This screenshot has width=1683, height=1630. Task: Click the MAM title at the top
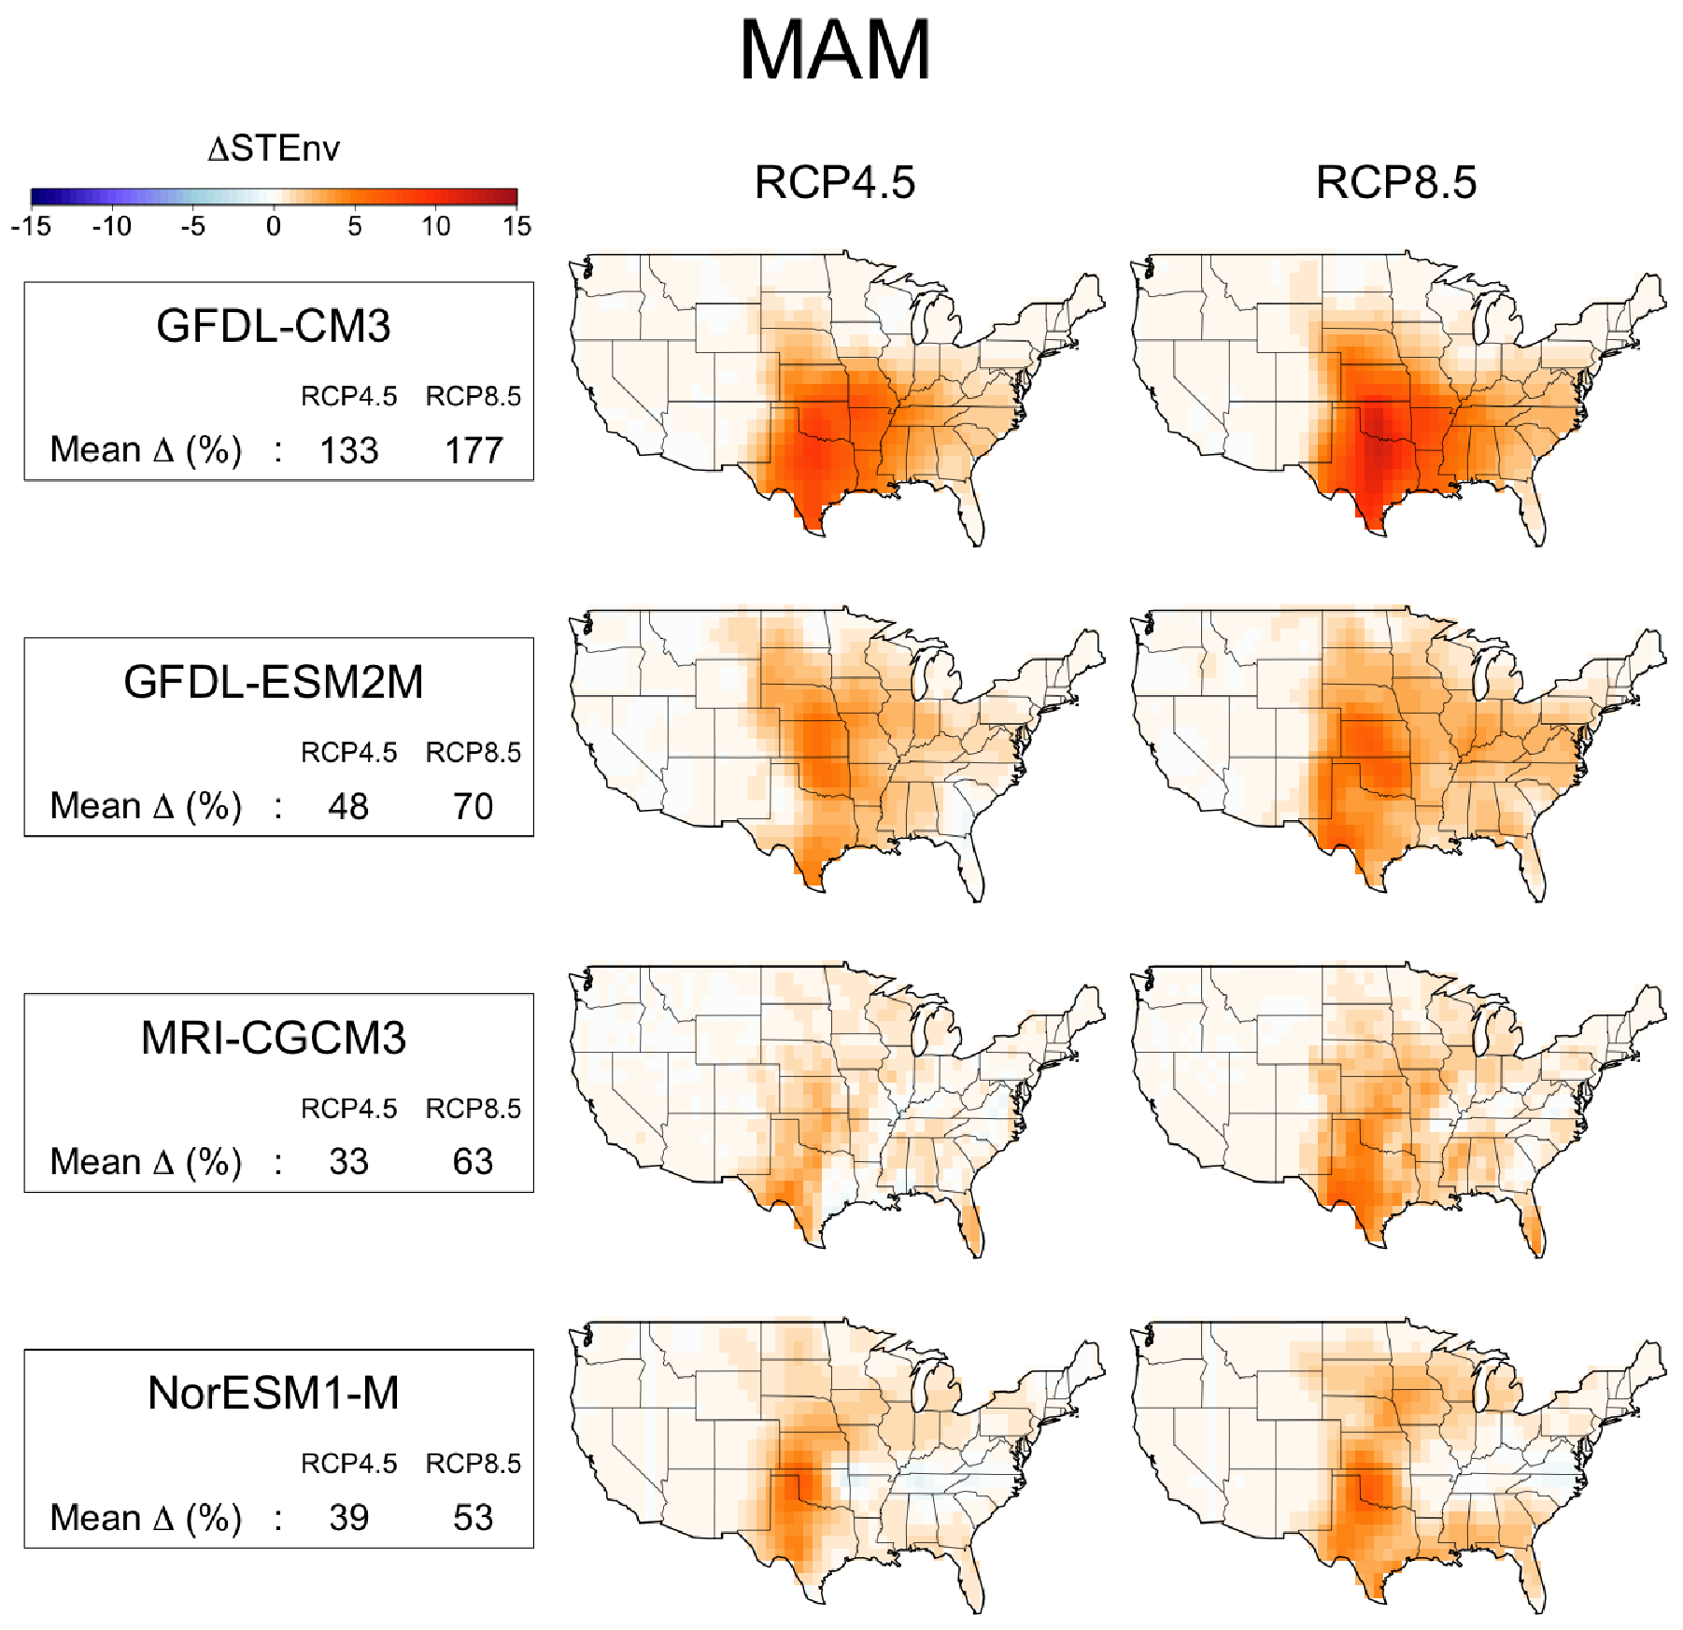pyautogui.click(x=835, y=50)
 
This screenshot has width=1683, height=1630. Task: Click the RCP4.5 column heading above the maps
pyautogui.click(x=834, y=182)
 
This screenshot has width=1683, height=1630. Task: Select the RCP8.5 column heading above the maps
pyautogui.click(x=1395, y=182)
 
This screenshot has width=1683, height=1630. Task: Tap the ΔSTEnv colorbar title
pyautogui.click(x=274, y=149)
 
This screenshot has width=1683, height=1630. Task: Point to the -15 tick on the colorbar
pyautogui.click(x=31, y=226)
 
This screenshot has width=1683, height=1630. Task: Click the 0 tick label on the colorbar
pyautogui.click(x=274, y=226)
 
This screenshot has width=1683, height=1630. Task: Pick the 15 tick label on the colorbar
pyautogui.click(x=516, y=226)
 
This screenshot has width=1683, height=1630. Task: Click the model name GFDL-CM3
pyautogui.click(x=274, y=326)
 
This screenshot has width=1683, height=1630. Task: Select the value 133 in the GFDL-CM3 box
pyautogui.click(x=348, y=450)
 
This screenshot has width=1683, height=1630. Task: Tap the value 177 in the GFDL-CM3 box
pyautogui.click(x=474, y=450)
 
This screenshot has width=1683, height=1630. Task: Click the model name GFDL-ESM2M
pyautogui.click(x=274, y=682)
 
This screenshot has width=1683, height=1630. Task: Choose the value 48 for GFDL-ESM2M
pyautogui.click(x=348, y=806)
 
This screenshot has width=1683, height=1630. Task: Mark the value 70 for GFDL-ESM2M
pyautogui.click(x=474, y=806)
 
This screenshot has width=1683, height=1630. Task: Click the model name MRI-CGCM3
pyautogui.click(x=274, y=1038)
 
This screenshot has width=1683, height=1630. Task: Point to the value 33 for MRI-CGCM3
pyautogui.click(x=348, y=1162)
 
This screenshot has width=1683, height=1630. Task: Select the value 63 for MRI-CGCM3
pyautogui.click(x=474, y=1162)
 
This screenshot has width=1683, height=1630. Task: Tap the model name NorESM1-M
pyautogui.click(x=274, y=1393)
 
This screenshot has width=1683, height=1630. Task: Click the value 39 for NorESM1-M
pyautogui.click(x=348, y=1518)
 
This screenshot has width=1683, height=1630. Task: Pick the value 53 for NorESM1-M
pyautogui.click(x=474, y=1518)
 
